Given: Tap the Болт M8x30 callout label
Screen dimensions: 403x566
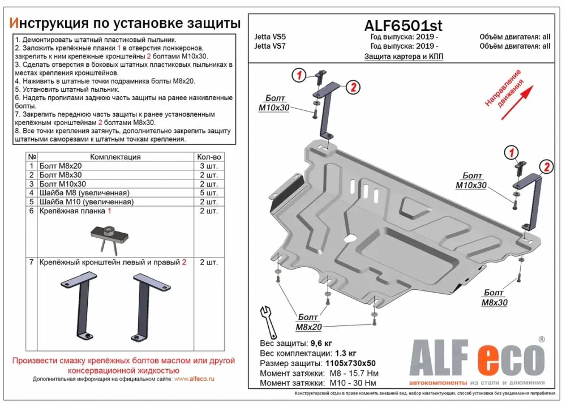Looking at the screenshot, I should pyautogui.click(x=495, y=297).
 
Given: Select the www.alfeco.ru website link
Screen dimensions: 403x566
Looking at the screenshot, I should pyautogui.click(x=194, y=379).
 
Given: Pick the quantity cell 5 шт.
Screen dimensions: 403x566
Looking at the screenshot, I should pyautogui.click(x=209, y=193).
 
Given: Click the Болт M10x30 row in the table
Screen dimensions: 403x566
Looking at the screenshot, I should pyautogui.click(x=63, y=184).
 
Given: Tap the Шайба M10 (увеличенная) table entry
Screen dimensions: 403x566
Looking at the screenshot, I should pyautogui.click(x=87, y=202).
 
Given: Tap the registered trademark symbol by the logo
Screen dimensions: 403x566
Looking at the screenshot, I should pyautogui.click(x=542, y=339).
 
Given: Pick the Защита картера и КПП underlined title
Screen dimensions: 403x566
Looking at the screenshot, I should pyautogui.click(x=404, y=57).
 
